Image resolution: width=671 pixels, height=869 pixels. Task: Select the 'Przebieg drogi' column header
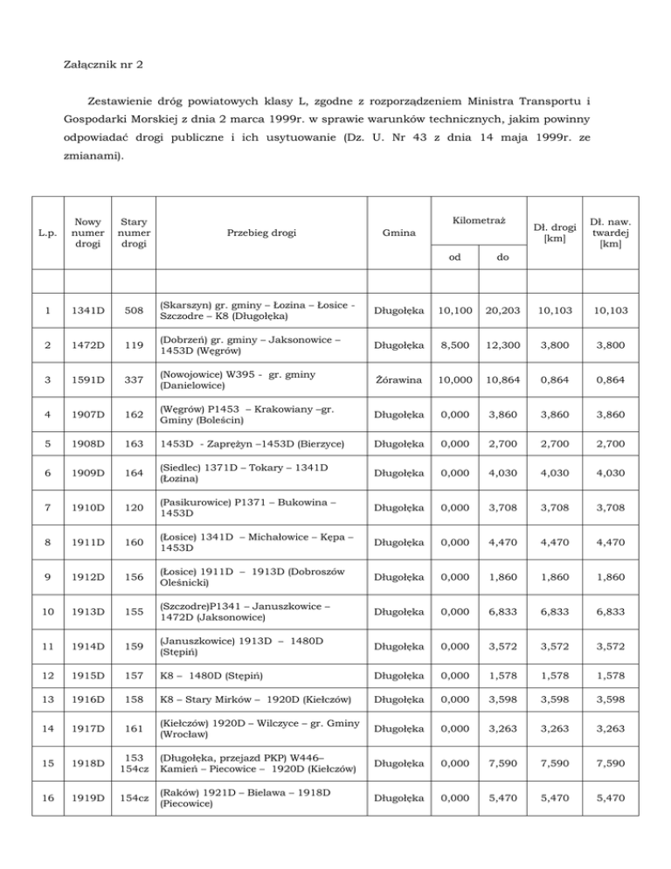[x=261, y=233]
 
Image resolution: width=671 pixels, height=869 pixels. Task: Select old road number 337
[x=134, y=382]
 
